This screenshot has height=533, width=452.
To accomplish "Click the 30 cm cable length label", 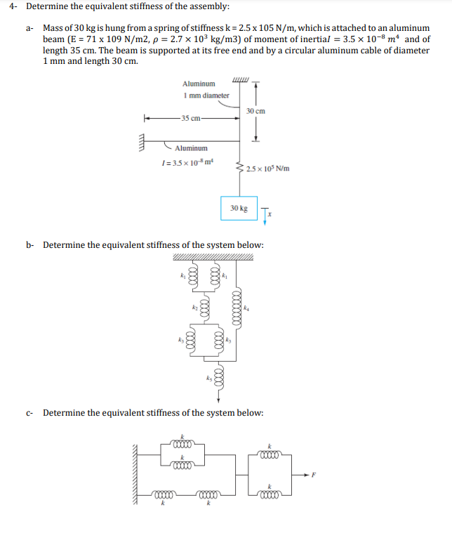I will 255,111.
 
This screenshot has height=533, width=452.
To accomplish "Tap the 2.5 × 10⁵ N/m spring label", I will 267,169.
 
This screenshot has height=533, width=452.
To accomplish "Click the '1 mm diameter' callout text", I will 206,95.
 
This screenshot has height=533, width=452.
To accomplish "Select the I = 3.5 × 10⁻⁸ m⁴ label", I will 187,163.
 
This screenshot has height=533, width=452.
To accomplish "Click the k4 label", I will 246,307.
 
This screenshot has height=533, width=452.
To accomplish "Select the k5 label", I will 208,379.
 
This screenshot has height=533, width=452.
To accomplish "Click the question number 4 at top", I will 12,7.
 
